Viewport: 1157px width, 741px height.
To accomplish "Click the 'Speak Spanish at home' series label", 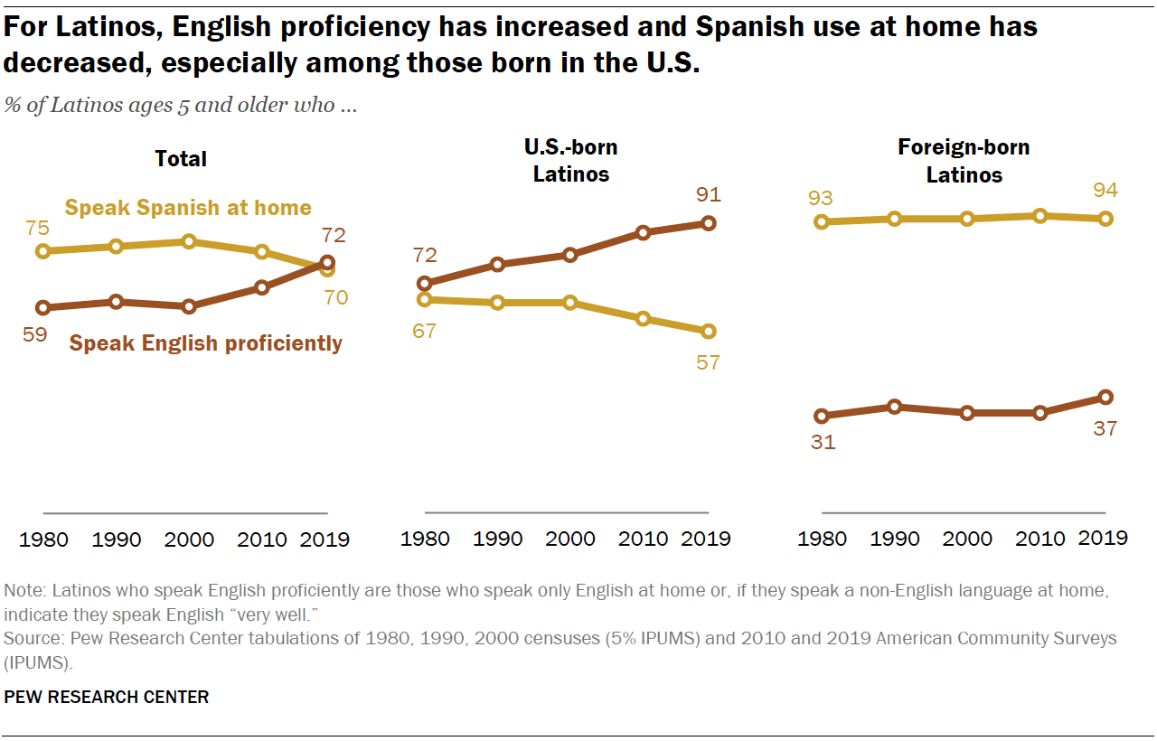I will pos(188,208).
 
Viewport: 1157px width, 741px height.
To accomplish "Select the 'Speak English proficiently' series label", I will pos(206,343).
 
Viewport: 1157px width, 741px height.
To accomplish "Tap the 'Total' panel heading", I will pos(181,159).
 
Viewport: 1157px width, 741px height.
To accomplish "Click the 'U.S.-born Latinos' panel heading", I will pos(570,160).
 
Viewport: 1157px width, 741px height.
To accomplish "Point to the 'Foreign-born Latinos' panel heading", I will pos(964,160).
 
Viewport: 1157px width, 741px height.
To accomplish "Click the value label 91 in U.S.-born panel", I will pos(708,194).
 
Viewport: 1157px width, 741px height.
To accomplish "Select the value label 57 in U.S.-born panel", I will pos(708,362).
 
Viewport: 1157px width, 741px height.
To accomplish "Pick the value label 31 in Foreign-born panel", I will pos(823,443).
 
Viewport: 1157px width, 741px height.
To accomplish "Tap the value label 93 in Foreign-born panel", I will pos(822,198).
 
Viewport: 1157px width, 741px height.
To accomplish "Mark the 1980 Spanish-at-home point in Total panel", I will pos(42,251).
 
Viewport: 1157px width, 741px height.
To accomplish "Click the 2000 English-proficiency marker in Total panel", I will pos(189,306).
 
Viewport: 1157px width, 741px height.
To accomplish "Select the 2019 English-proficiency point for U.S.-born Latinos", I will pos(709,223).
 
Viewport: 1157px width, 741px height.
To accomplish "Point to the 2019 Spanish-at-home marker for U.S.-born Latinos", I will pos(709,332).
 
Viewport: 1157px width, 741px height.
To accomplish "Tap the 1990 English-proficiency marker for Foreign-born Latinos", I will pos(895,407).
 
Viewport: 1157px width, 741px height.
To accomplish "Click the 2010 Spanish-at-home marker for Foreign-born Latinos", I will pos(1040,216).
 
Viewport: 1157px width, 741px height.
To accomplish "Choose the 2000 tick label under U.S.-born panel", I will pos(570,539).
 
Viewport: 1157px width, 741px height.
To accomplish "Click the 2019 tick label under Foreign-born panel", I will pos(1104,539).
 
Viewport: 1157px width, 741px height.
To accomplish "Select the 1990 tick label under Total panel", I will pos(117,539).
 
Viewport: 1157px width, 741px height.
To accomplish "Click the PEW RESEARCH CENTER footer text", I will pos(107,697).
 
